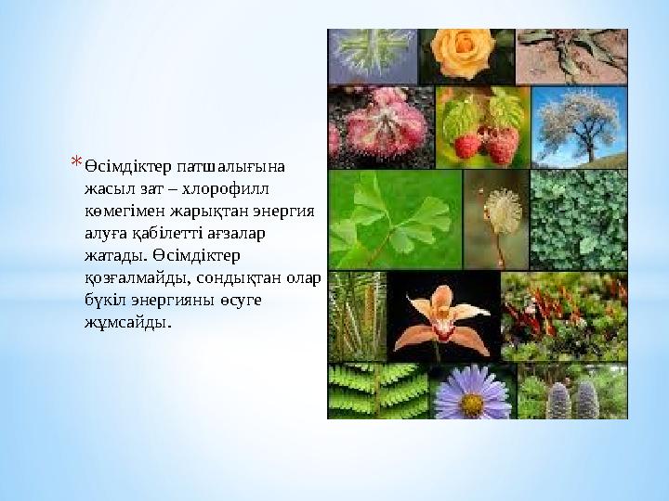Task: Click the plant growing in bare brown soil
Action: (x=571, y=56)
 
